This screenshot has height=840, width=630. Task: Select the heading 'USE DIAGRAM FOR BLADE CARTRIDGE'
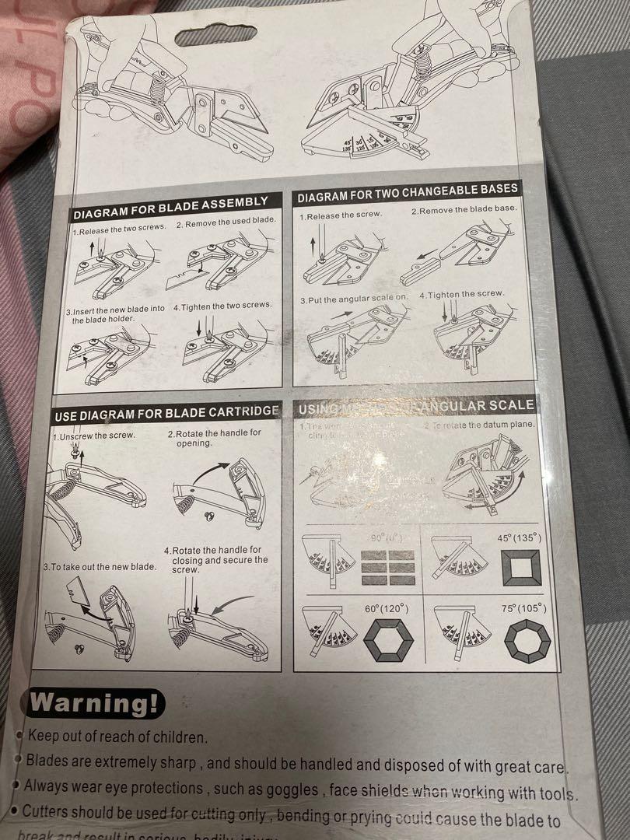(x=166, y=413)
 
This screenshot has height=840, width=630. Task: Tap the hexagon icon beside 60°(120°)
(x=390, y=640)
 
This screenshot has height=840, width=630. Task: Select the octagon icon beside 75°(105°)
(x=527, y=642)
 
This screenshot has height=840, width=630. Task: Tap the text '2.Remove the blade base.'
(x=464, y=210)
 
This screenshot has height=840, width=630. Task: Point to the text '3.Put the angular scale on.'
(x=354, y=299)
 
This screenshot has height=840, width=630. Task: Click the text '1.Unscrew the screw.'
(x=94, y=436)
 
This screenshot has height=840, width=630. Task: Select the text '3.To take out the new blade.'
(x=100, y=566)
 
